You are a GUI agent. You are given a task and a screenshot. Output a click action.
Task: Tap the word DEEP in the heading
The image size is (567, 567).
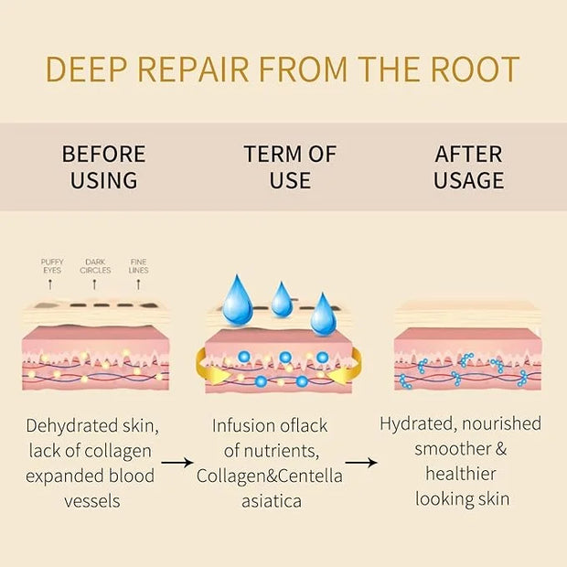(x=87, y=70)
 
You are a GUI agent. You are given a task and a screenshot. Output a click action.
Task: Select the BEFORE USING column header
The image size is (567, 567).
(x=103, y=166)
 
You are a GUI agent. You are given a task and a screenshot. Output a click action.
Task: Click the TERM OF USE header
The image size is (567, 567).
(x=290, y=166)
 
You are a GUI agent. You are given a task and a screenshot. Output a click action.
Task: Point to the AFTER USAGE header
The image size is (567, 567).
(x=468, y=166)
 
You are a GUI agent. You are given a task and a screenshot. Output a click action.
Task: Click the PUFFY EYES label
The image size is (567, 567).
(x=52, y=266)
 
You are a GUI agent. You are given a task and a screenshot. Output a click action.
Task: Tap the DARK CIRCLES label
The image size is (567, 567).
(x=95, y=266)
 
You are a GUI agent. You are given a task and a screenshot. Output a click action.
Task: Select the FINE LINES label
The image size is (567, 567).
(x=138, y=266)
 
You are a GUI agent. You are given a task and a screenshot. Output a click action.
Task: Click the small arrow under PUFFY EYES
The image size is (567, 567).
(x=50, y=284)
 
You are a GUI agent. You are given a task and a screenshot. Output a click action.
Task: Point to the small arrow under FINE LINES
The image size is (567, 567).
(x=138, y=284)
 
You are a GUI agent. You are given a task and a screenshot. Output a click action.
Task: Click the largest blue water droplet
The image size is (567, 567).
(x=238, y=301)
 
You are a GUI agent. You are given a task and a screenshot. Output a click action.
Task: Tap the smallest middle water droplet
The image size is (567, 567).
(x=282, y=299)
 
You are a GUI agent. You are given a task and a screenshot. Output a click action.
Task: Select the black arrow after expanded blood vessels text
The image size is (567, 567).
(x=177, y=462)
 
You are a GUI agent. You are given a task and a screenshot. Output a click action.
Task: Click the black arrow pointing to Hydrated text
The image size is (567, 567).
(x=361, y=462)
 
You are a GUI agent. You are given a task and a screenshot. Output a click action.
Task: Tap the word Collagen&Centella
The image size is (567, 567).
(x=270, y=476)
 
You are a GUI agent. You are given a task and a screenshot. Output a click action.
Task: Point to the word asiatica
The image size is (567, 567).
(x=272, y=501)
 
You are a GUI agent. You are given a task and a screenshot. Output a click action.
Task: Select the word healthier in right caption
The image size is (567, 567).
(x=461, y=474)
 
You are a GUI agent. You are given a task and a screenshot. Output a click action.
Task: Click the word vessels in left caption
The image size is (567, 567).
(x=92, y=502)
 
